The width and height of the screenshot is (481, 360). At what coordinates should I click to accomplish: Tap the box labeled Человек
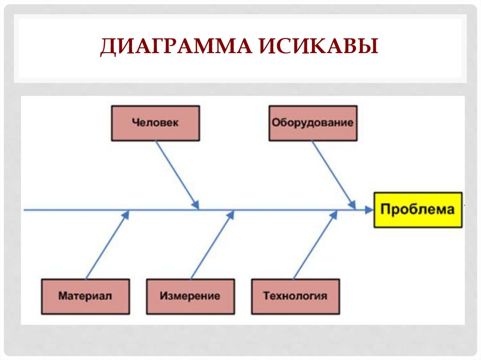155,123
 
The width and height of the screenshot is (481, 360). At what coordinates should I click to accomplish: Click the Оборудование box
312,123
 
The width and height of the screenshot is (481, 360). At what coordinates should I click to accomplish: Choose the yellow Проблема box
418,209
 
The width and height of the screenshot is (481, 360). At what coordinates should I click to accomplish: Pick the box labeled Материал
85,296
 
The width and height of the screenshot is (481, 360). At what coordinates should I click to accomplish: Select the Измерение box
190,296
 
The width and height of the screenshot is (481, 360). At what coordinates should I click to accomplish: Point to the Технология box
295,296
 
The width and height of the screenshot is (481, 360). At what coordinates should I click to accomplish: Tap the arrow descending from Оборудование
333,173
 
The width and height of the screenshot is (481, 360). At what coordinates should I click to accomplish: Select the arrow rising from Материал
106,246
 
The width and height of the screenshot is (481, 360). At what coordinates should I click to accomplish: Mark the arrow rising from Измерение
211,246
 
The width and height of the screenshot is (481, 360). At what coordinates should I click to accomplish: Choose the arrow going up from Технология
315,246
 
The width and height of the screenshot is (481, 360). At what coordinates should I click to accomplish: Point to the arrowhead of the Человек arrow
196,205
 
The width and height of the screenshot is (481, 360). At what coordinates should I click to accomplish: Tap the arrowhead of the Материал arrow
126,214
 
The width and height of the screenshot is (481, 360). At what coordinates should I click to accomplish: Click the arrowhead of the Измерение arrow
231,214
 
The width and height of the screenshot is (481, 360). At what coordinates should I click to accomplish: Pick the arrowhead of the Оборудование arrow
352,205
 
